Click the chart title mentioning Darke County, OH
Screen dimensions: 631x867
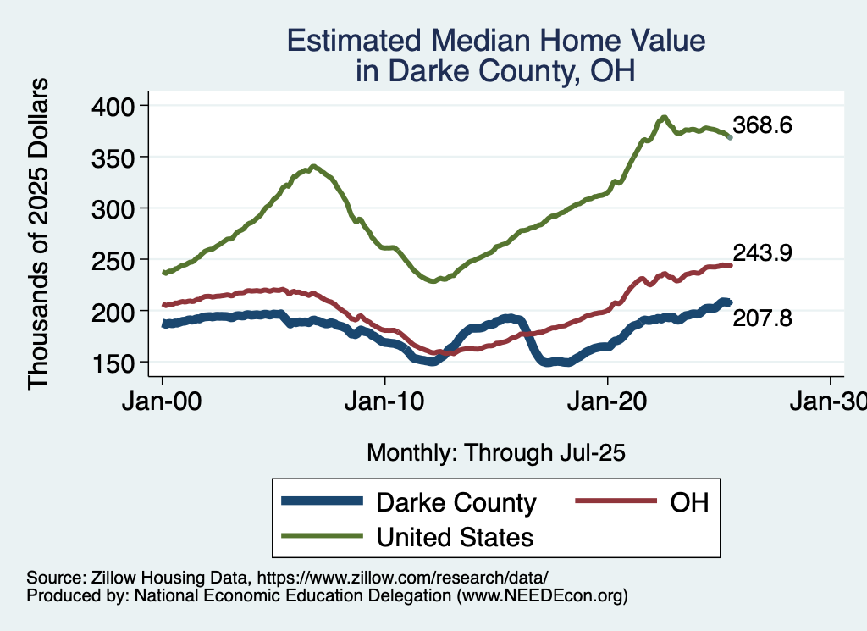(x=495, y=56)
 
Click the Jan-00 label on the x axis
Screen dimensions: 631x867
(x=162, y=401)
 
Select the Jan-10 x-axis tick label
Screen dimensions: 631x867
(x=385, y=401)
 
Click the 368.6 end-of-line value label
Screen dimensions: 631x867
(x=763, y=126)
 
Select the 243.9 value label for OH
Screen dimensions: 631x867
(x=763, y=253)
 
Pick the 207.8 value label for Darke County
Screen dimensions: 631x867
(x=763, y=318)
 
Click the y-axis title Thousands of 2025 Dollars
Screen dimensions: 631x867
(x=39, y=234)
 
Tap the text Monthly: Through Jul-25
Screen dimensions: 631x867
(x=495, y=453)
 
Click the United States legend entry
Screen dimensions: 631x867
(x=455, y=536)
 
